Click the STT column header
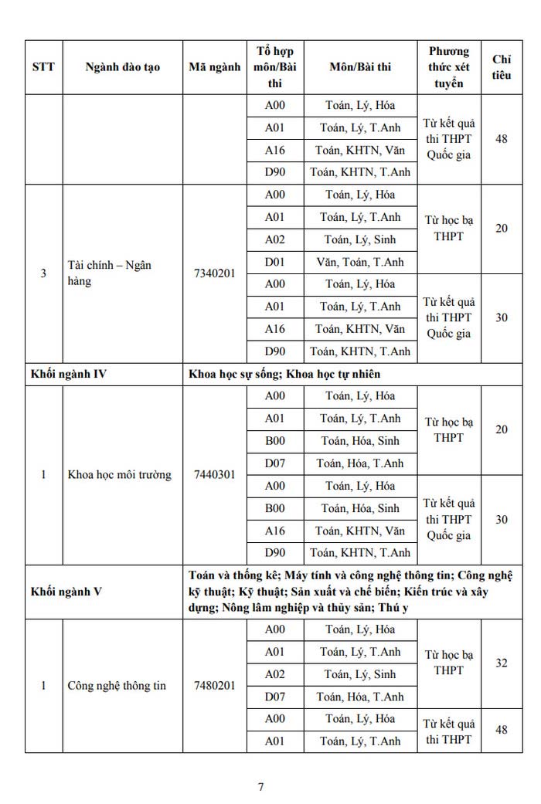click(43, 67)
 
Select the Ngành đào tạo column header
click(123, 67)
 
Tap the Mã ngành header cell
click(214, 67)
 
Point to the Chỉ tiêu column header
click(502, 67)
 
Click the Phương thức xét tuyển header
click(449, 67)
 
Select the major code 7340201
click(214, 273)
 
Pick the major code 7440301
click(214, 475)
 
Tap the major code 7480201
click(214, 685)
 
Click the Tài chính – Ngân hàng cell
click(109, 273)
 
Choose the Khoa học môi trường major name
click(119, 475)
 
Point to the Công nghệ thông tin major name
click(117, 685)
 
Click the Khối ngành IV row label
click(69, 375)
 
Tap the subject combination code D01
click(275, 263)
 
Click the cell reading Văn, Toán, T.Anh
click(360, 263)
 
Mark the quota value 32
click(502, 663)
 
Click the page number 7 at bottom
click(261, 787)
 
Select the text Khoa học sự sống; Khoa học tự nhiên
click(284, 375)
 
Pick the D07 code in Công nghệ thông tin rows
click(275, 697)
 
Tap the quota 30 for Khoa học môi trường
click(502, 520)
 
